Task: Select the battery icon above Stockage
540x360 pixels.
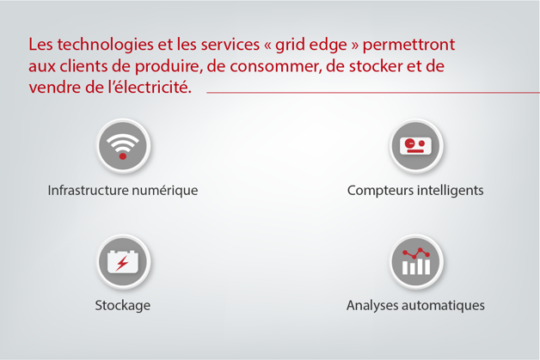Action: click(123, 261)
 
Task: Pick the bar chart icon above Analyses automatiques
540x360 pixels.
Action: click(415, 261)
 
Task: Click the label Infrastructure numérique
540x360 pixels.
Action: click(123, 190)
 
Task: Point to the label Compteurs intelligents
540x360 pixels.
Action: click(415, 190)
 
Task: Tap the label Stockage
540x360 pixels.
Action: click(123, 305)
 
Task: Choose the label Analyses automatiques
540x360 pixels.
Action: click(415, 305)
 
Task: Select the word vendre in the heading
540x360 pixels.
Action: click(52, 88)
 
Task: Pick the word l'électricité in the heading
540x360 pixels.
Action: click(146, 88)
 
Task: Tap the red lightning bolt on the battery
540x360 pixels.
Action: click(124, 262)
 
